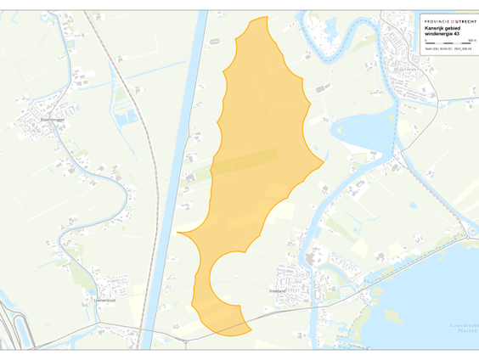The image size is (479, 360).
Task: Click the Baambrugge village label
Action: (x=52, y=120)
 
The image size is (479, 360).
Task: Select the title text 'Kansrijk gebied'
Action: (x=443, y=28)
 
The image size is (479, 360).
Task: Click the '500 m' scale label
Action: (x=471, y=40)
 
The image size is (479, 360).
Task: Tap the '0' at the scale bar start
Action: (x=425, y=40)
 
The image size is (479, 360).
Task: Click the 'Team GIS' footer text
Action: (x=431, y=49)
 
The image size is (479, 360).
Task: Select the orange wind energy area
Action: (x=255, y=153)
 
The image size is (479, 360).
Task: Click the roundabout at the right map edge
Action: (x=471, y=231)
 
